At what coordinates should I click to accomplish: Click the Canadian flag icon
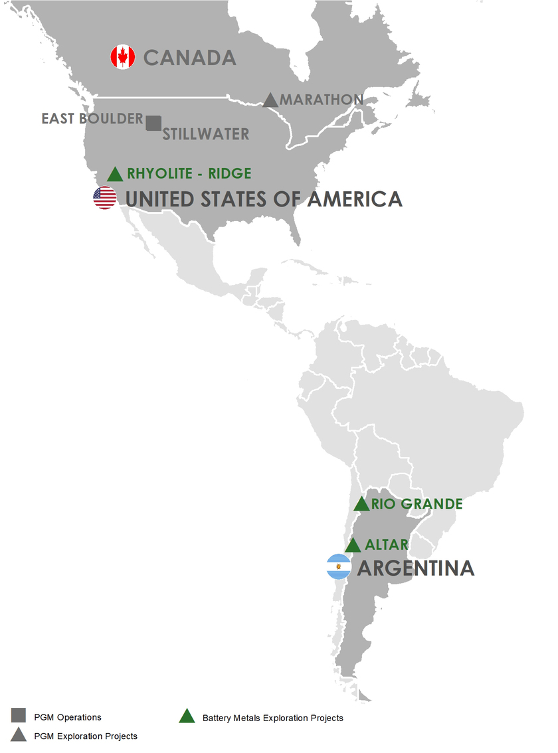[x=122, y=57]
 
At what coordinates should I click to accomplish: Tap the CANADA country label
[x=190, y=58]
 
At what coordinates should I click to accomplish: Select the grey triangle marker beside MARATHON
[x=270, y=100]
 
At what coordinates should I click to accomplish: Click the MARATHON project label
[x=322, y=100]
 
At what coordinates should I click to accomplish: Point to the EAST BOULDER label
[x=92, y=119]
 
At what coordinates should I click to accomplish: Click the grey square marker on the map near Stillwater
[x=153, y=123]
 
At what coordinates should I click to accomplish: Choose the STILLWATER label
[x=206, y=134]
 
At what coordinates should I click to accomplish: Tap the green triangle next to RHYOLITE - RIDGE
[x=116, y=175]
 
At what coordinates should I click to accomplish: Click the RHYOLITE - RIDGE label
[x=189, y=173]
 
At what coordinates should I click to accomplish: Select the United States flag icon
[x=105, y=198]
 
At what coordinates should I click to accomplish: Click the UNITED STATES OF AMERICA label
[x=264, y=199]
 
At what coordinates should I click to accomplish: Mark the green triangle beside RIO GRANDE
[x=361, y=504]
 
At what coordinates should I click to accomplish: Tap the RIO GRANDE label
[x=417, y=504]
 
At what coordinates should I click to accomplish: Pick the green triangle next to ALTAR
[x=353, y=546]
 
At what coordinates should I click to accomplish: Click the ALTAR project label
[x=387, y=545]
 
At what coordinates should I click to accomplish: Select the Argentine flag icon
[x=339, y=568]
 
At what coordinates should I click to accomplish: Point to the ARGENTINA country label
[x=416, y=568]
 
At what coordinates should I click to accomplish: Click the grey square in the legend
[x=19, y=715]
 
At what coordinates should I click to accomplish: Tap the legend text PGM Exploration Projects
[x=85, y=736]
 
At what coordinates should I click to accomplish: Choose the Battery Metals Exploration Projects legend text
[x=272, y=718]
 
